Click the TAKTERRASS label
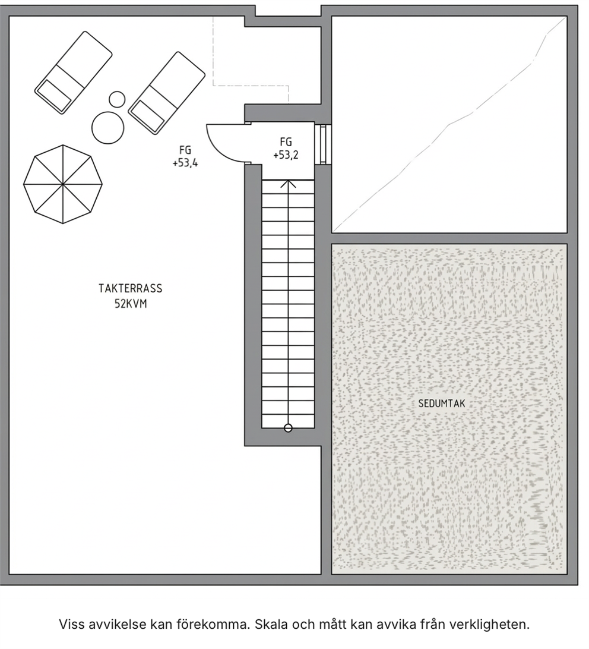click(x=130, y=288)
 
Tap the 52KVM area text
click(x=131, y=304)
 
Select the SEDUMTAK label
click(x=441, y=403)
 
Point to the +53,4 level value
click(x=185, y=163)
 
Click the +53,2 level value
click(x=286, y=155)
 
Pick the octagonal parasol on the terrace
click(x=63, y=184)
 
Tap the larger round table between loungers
click(x=107, y=128)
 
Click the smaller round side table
click(x=117, y=99)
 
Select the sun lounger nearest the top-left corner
click(x=74, y=73)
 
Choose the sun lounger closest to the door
click(x=167, y=93)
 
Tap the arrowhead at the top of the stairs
click(x=289, y=184)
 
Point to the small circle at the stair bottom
click(x=289, y=428)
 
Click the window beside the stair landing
click(x=323, y=144)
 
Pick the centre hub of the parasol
click(x=63, y=184)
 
